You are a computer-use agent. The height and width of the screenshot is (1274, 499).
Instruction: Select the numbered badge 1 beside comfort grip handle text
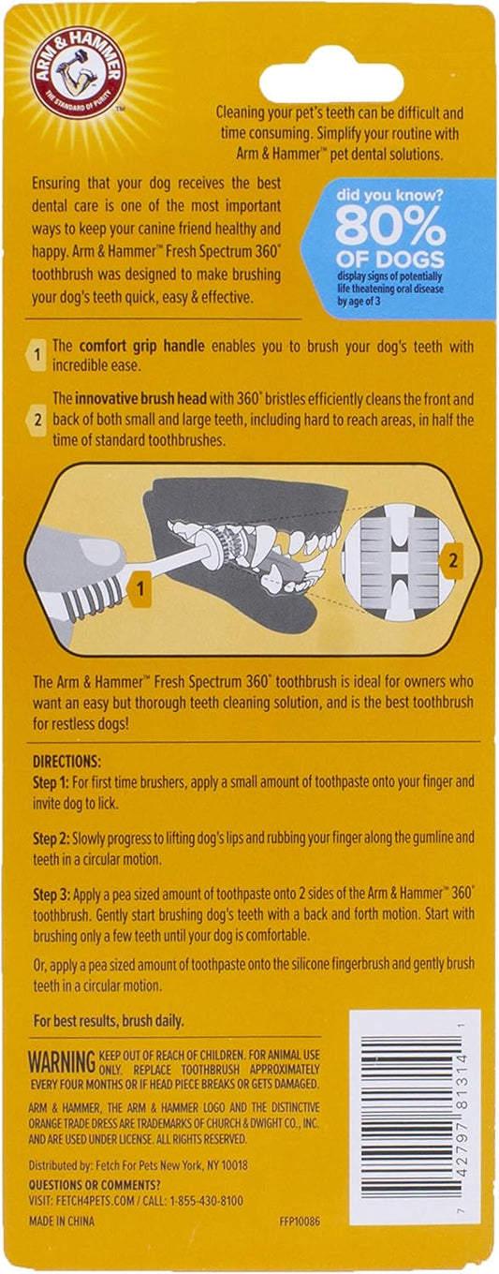pos(37,355)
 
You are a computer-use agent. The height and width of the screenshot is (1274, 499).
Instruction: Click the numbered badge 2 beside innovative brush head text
pos(37,421)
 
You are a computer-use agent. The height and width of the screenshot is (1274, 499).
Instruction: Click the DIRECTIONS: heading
pos(66,761)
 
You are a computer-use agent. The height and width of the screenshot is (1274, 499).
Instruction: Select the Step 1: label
pos(51,782)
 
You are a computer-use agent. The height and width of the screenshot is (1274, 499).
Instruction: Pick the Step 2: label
pos(51,838)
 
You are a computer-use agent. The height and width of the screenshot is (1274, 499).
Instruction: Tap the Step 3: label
pos(51,894)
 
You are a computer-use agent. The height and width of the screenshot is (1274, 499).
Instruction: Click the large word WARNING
pos(62,1062)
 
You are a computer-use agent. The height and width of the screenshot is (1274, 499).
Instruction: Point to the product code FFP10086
pos(300,1222)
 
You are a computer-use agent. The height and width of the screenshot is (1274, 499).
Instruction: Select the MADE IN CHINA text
pos(62,1222)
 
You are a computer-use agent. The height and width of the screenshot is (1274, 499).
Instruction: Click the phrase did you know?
pos(389,196)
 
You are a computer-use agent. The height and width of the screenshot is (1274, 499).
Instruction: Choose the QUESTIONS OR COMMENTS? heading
pos(95,1185)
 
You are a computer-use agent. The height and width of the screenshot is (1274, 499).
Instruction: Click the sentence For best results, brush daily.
pos(109,1020)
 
